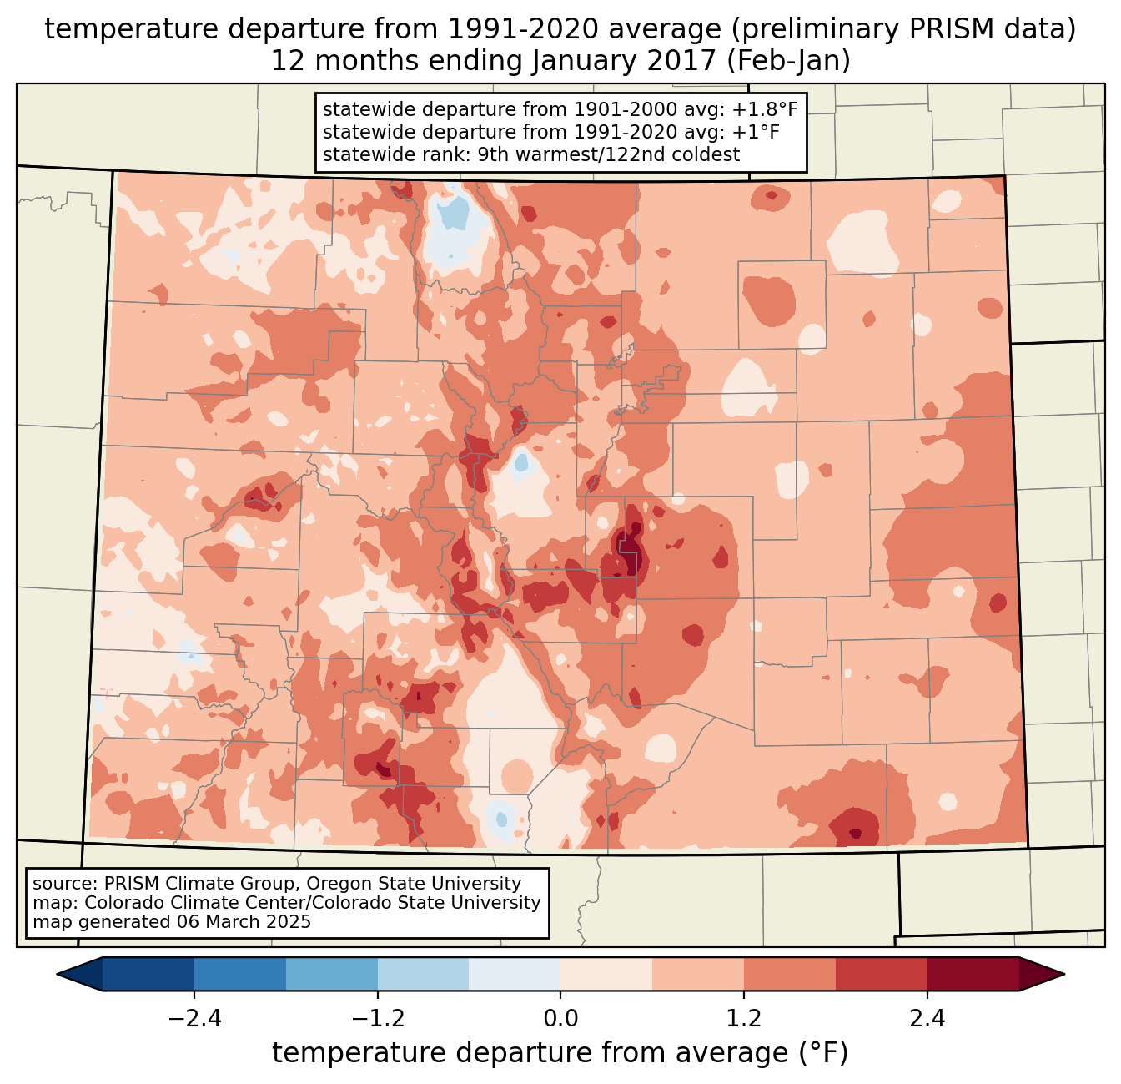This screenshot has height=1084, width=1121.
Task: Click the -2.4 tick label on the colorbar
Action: [194, 1019]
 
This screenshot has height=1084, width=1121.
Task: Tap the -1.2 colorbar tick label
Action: [378, 1019]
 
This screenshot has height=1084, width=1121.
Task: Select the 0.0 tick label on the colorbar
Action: [560, 1019]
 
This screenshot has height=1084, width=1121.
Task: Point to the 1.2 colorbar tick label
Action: [744, 1019]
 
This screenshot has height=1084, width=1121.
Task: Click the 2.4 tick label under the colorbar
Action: [927, 1019]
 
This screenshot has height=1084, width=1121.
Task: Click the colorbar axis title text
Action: [560, 1053]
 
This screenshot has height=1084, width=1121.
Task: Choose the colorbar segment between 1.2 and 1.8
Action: [789, 974]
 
